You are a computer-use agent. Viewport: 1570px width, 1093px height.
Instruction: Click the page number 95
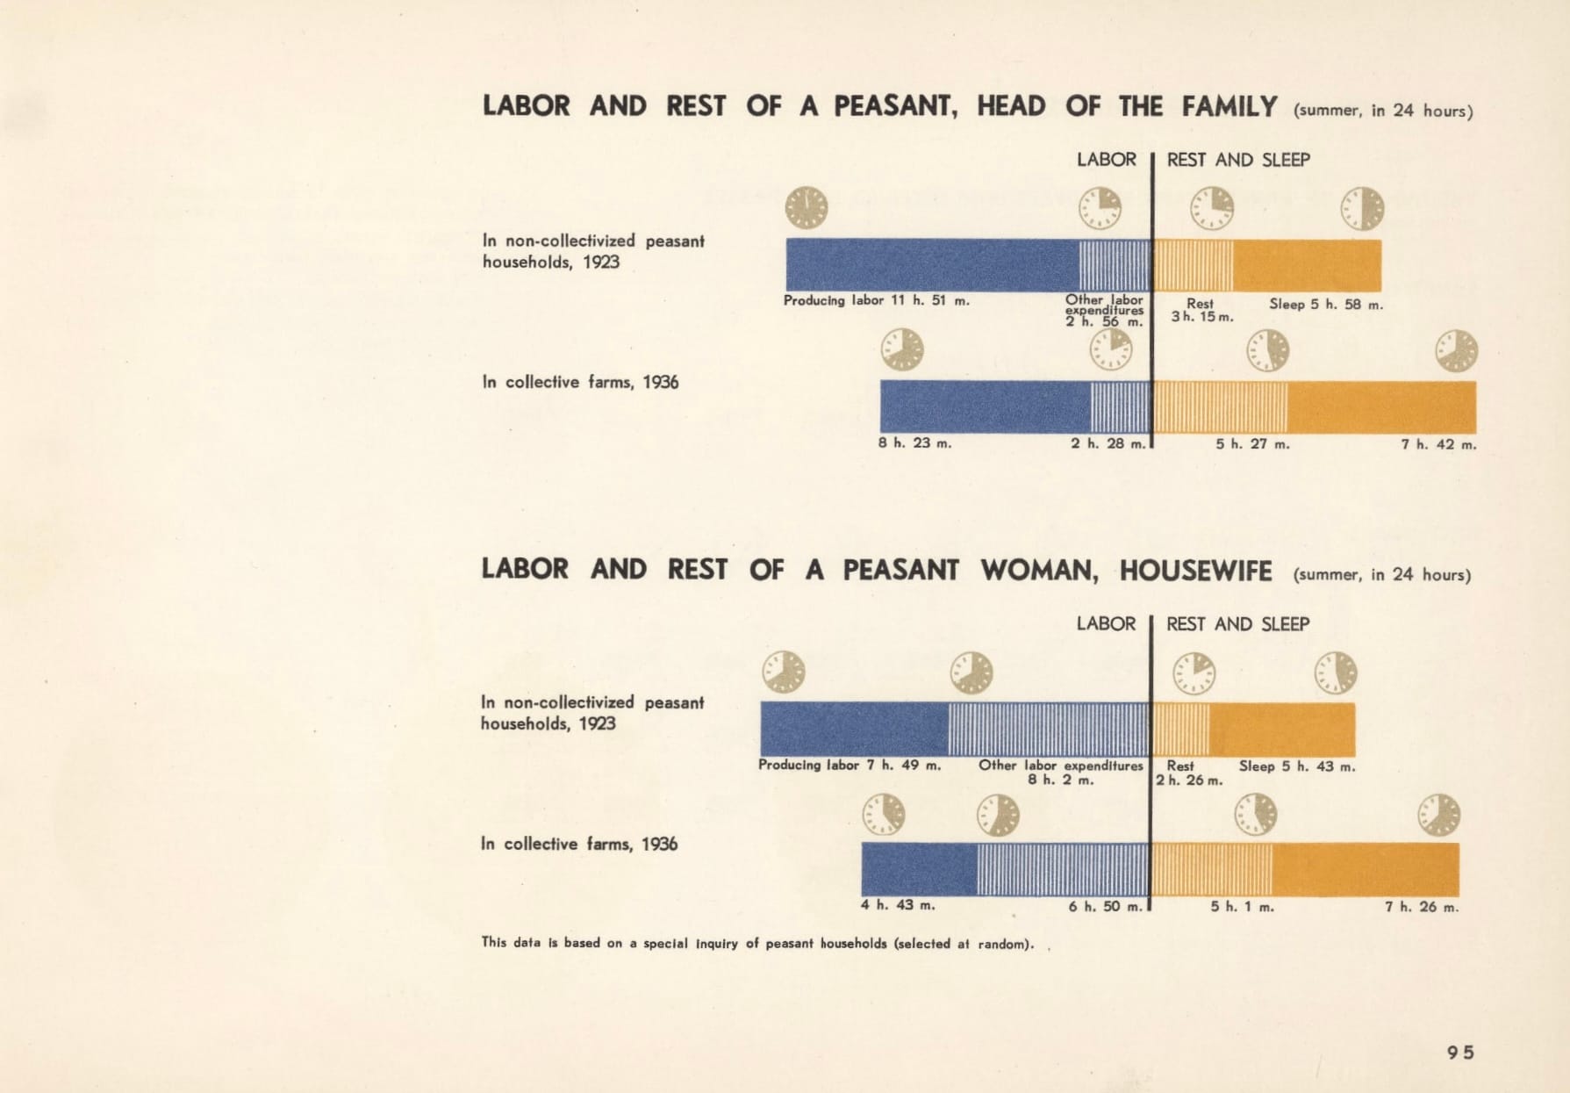(1461, 1052)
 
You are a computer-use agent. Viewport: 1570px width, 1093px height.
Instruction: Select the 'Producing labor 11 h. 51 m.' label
(877, 300)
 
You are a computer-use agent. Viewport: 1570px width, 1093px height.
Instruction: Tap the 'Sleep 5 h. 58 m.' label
(1326, 305)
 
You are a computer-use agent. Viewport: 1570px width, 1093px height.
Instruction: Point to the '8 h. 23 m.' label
(915, 442)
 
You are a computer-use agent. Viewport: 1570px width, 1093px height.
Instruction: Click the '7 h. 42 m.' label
(1438, 444)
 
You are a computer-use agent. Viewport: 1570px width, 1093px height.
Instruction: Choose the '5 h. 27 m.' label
(1252, 444)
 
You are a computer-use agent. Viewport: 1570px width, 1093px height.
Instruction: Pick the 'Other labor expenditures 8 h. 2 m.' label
(1061, 773)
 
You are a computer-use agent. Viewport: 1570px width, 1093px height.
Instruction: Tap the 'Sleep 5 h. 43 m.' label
(1297, 766)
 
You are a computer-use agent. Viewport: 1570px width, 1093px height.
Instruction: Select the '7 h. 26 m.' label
(1422, 907)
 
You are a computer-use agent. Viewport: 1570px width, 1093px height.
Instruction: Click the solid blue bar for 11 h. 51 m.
(933, 264)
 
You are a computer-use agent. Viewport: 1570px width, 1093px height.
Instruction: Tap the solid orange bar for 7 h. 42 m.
(1381, 407)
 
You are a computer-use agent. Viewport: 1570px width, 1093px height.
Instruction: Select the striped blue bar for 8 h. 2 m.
(1049, 729)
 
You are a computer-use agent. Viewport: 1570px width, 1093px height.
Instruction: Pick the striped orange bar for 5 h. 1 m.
(1212, 869)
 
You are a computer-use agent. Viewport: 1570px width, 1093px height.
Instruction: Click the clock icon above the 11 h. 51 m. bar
(806, 208)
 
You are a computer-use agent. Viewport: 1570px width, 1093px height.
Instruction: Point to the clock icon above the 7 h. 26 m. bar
(1439, 814)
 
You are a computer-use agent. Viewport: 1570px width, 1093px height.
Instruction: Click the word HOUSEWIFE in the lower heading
(1195, 571)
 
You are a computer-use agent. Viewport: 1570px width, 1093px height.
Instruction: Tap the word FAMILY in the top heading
(1229, 107)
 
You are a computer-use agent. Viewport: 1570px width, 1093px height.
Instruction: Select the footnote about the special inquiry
(758, 944)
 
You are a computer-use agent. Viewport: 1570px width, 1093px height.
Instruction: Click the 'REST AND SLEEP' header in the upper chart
(1238, 160)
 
